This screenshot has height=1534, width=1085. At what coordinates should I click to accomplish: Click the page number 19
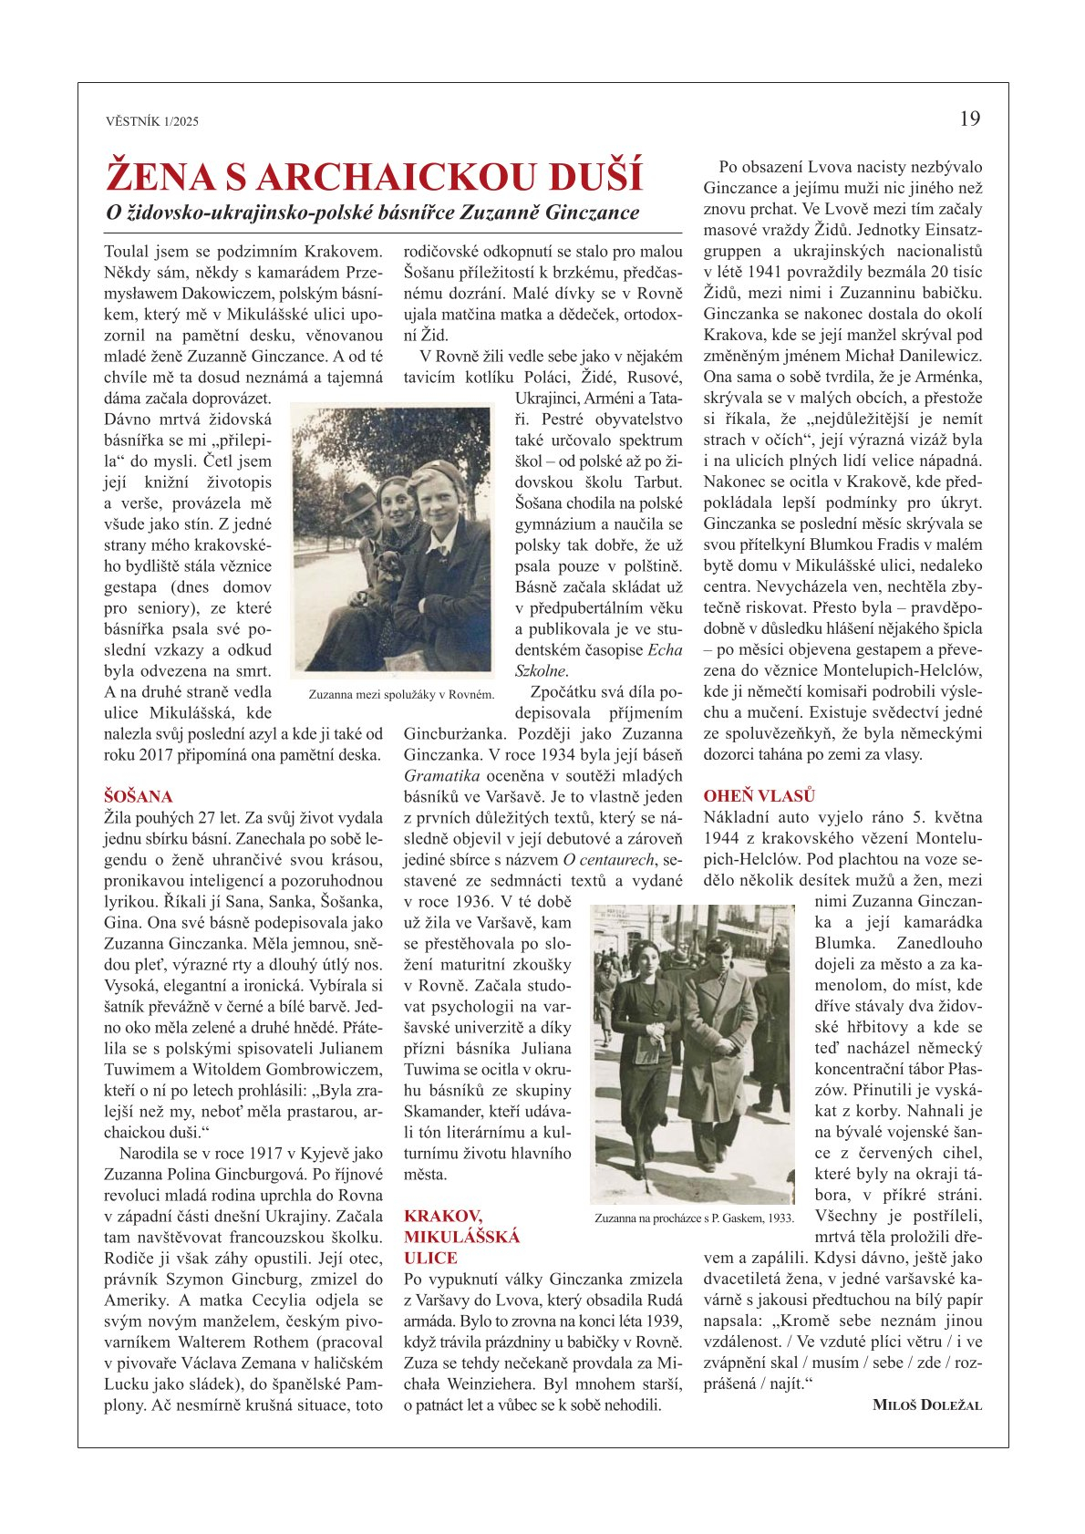[969, 119]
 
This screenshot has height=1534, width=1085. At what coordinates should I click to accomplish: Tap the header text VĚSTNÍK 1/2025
[152, 121]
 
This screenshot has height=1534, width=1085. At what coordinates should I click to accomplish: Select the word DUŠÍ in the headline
[598, 176]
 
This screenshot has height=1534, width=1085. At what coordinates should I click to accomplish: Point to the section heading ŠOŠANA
[138, 796]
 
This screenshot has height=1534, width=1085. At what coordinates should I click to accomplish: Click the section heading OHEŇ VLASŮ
[759, 796]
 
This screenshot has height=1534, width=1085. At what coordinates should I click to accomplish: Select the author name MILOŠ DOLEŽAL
[927, 1404]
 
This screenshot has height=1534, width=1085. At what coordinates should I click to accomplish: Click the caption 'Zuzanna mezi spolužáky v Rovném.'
[401, 694]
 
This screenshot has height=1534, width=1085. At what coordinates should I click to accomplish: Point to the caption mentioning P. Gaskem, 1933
[694, 1218]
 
